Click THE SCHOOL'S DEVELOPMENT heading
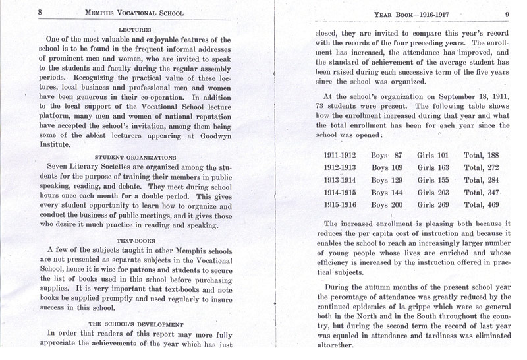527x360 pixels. tap(134, 324)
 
